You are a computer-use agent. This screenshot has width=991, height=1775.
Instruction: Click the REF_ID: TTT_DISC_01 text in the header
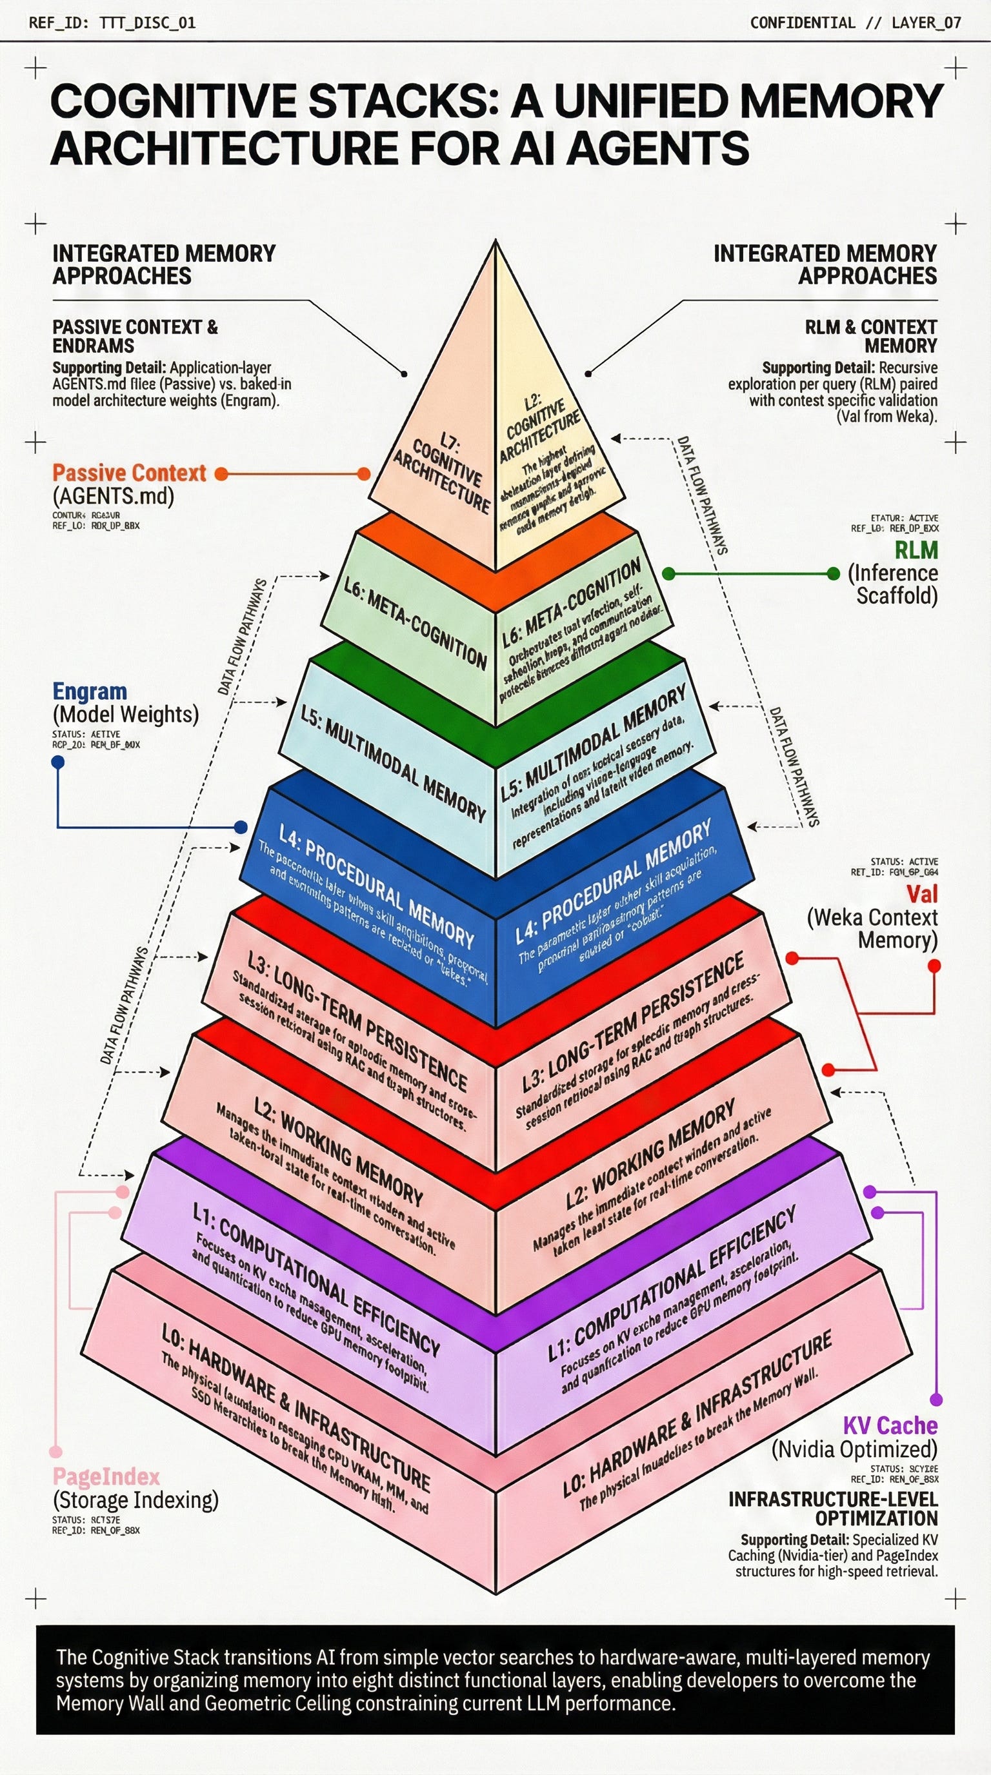click(112, 23)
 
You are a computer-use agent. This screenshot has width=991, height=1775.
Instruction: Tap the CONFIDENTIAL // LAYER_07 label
click(856, 23)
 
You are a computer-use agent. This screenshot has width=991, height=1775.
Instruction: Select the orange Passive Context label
click(129, 473)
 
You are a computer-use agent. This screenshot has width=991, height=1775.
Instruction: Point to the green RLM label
click(916, 550)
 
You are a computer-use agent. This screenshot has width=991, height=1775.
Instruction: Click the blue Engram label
click(90, 691)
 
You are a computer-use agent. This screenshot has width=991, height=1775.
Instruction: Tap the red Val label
click(921, 894)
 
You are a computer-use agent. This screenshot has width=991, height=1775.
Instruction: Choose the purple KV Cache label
click(890, 1425)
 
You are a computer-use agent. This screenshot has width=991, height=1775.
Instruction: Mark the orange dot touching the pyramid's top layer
click(363, 474)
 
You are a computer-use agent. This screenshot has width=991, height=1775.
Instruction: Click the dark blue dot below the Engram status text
click(58, 762)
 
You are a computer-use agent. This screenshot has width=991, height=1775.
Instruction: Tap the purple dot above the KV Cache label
click(936, 1394)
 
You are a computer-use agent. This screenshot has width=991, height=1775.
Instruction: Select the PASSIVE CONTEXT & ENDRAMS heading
click(134, 335)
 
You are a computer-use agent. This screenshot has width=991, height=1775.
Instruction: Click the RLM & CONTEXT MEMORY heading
click(871, 335)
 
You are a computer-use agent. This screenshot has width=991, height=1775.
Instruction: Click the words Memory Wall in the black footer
click(105, 1703)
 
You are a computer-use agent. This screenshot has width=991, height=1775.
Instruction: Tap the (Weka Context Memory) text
click(872, 928)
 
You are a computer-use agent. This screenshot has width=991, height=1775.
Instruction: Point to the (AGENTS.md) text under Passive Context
click(113, 496)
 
